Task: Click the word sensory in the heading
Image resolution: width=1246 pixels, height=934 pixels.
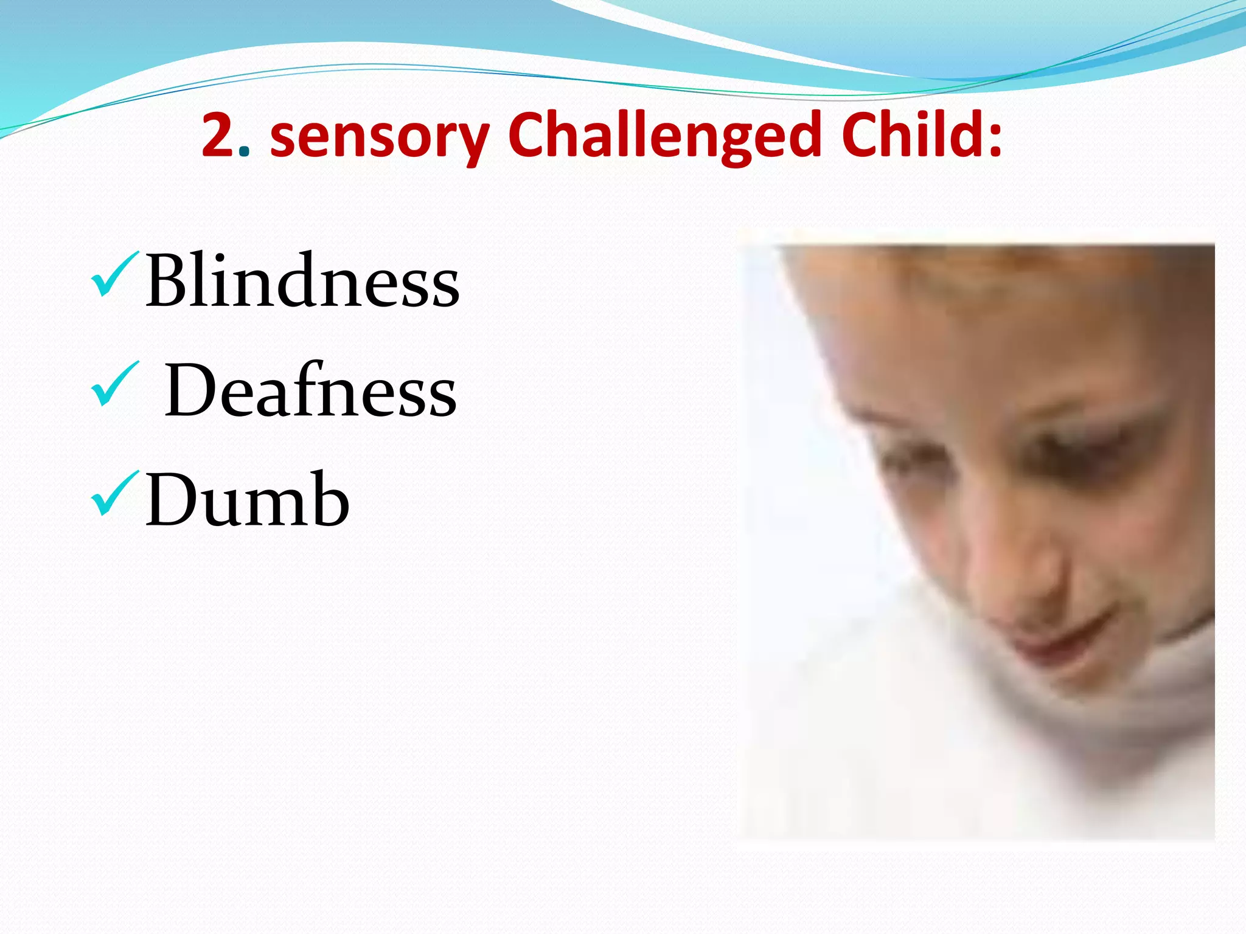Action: pos(379,136)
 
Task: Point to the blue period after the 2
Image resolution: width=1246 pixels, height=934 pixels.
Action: pos(244,151)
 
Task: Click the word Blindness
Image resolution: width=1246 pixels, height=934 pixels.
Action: pos(302,281)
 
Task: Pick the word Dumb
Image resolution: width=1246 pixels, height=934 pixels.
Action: pos(247,500)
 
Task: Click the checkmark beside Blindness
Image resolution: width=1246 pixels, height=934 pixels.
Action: pos(114,275)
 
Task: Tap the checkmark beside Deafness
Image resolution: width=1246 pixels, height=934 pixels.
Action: pos(114,384)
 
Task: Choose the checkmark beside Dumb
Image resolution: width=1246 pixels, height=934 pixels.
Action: pos(114,494)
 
